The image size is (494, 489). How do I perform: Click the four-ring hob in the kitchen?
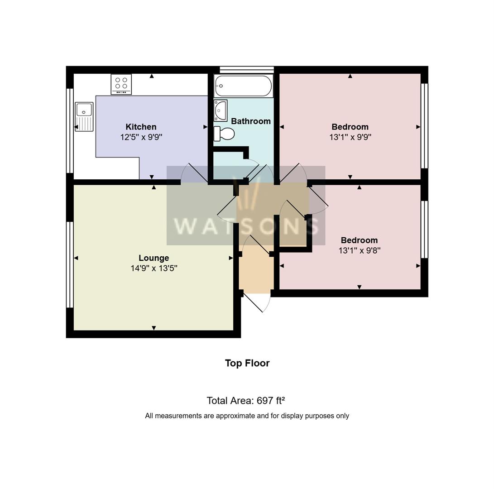point(121,84)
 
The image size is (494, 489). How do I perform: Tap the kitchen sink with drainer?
point(84,116)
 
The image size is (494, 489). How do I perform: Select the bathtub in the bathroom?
point(243,86)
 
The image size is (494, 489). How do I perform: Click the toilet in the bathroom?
point(225,134)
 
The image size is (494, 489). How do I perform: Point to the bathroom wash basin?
point(221,110)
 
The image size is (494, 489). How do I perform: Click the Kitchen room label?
point(141,127)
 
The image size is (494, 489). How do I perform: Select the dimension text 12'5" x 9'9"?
point(141,137)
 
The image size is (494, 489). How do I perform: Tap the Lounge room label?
point(153,258)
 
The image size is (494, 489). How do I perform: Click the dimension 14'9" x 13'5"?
point(153,268)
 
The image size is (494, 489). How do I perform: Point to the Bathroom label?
point(250,121)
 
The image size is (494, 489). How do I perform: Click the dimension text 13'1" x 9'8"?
point(359,250)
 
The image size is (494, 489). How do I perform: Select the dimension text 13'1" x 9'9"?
point(350,137)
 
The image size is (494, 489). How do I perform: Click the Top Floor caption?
point(247,363)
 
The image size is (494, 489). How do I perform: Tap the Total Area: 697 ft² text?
point(245,401)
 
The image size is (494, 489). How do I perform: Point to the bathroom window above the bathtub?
point(246,69)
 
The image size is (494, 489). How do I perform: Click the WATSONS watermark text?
point(246,225)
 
